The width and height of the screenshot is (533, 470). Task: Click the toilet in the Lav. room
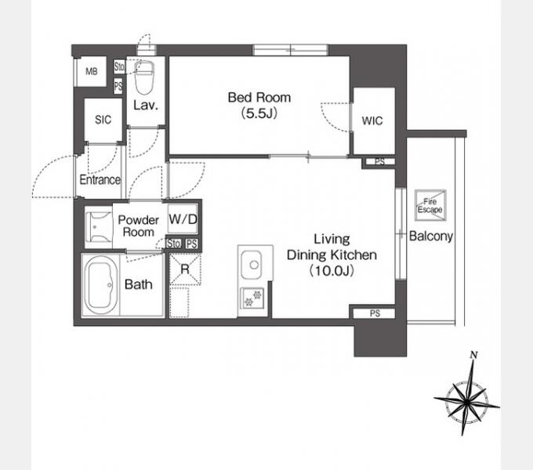(x=144, y=78)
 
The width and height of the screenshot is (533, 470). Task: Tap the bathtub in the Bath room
(x=101, y=285)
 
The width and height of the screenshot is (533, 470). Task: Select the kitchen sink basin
(x=251, y=265)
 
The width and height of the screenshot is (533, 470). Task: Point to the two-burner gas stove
(x=252, y=298)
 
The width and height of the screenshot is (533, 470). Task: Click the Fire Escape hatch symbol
(x=430, y=205)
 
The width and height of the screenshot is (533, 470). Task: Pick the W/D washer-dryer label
(x=183, y=219)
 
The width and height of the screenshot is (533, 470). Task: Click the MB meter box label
(x=92, y=71)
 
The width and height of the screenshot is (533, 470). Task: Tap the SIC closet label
(x=103, y=120)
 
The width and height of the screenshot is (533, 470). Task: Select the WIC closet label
(x=372, y=121)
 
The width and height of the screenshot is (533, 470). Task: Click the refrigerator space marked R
(x=185, y=269)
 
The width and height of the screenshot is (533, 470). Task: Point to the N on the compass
(x=474, y=355)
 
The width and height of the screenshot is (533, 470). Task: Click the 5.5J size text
(x=259, y=114)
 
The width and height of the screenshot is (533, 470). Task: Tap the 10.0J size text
(x=332, y=271)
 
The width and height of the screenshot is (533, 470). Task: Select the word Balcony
(x=430, y=236)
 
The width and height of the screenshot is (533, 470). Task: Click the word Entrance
(x=100, y=179)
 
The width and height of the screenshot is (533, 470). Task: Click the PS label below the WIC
(x=379, y=161)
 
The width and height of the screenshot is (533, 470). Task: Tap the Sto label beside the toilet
(x=119, y=67)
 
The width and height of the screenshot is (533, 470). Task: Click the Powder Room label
(x=139, y=226)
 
